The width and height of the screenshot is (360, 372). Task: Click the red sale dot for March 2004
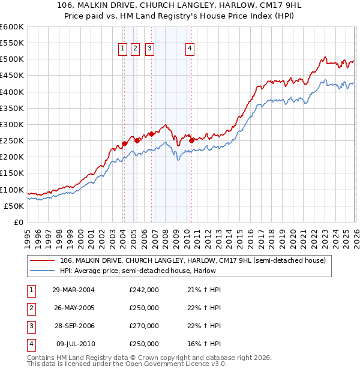tap(124, 143)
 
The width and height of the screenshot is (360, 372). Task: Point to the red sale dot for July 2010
tap(191, 140)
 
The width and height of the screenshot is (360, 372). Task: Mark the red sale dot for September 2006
tap(151, 134)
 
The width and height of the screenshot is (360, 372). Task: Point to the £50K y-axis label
tap(14, 206)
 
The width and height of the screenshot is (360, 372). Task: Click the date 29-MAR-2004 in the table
tap(73, 290)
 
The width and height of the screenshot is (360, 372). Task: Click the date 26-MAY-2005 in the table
tap(73, 308)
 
